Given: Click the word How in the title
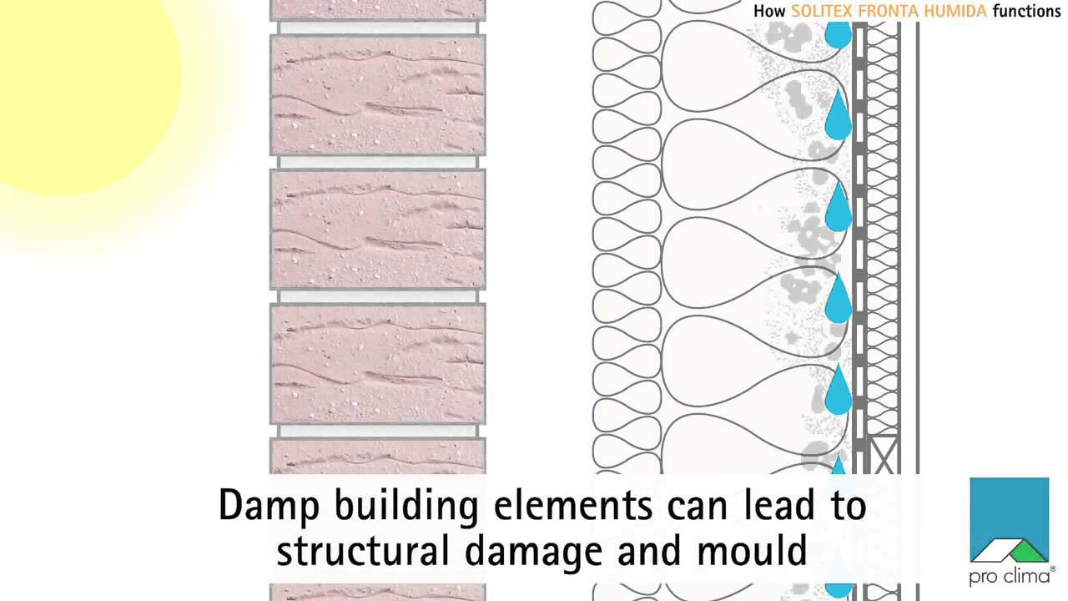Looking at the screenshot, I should click(769, 12).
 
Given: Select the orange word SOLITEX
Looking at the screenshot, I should click(822, 12).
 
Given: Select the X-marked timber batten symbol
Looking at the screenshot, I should click(881, 455).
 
